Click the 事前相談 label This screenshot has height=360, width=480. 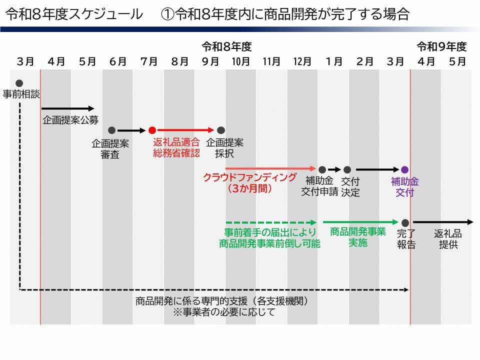coord(21,94)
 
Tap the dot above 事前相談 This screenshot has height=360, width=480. coord(19,83)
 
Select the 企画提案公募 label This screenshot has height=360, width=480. coord(70,120)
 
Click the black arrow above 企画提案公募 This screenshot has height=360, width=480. coord(67,108)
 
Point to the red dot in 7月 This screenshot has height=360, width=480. coord(152,130)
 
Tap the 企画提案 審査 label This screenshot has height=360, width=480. coord(110,149)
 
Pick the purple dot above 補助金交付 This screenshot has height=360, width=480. coord(405,170)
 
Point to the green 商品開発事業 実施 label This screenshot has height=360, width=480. coord(358,237)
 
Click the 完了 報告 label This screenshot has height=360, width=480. coord(406,239)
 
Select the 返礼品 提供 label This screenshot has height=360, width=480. coord(448,239)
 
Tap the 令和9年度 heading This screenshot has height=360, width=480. coord(441,47)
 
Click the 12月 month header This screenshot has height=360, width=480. coord(302,61)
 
